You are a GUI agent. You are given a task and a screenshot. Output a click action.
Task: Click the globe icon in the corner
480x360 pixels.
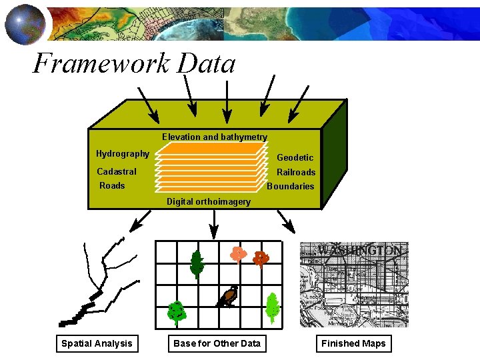point(25,23)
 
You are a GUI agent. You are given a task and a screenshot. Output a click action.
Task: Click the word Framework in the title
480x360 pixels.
point(101,64)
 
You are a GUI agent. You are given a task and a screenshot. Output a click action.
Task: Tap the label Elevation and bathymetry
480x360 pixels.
point(214,137)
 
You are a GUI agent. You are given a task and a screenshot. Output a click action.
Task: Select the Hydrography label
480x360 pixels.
point(123,154)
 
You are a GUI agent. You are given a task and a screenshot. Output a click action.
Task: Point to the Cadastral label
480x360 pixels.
point(117,171)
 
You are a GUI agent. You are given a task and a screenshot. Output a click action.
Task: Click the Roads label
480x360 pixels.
point(112,186)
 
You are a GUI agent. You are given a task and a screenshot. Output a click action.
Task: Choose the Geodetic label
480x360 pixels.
point(295,158)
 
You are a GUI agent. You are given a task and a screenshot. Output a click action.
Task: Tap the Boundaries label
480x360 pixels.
point(290,187)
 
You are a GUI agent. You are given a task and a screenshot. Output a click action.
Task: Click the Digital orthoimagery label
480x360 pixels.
point(209,201)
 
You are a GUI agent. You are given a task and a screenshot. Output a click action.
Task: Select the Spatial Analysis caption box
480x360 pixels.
point(97,343)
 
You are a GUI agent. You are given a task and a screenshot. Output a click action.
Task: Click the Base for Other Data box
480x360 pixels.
point(217,343)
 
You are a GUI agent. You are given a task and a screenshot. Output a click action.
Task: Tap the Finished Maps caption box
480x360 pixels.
point(353,343)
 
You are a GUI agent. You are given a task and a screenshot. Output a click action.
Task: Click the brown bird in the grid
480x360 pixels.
point(227,297)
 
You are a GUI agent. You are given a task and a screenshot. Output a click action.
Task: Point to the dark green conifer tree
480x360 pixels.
point(196,263)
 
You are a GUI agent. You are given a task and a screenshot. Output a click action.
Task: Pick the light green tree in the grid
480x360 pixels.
point(271,308)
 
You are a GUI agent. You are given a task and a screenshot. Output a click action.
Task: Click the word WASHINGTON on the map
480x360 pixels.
point(360,251)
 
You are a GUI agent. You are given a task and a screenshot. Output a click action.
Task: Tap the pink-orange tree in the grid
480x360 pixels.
point(238,255)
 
